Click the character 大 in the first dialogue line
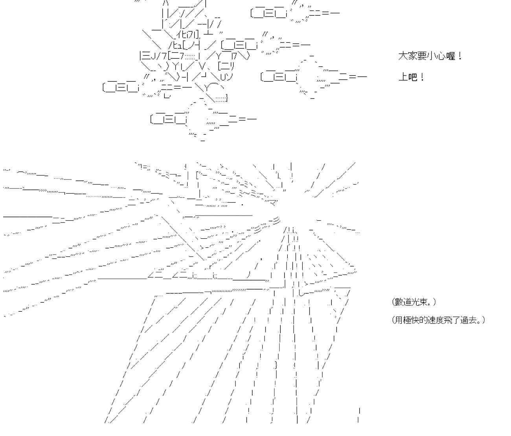[403, 56]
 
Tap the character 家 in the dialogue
[412, 56]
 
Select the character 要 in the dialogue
[422, 56]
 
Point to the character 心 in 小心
[441, 56]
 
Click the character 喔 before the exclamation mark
[450, 56]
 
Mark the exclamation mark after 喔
[460, 56]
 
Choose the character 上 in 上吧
[403, 77]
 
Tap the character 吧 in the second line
[412, 77]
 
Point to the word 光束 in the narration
[423, 302]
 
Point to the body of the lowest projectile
[169, 119]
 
